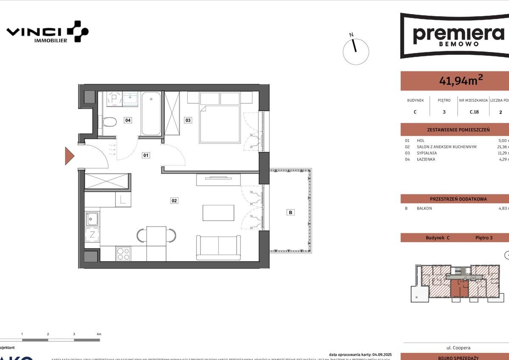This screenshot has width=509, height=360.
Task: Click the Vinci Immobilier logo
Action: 47,32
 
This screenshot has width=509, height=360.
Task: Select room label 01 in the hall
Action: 146,156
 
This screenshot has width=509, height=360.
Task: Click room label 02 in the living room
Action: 174,201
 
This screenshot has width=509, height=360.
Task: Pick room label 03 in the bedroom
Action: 188,120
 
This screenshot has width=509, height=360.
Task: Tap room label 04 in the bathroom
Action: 128,120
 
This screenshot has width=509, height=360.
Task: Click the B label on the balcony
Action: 291,213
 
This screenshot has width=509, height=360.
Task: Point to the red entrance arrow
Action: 69,156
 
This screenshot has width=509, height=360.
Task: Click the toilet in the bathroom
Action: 110,122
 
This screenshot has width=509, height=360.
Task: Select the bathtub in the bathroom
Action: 151,113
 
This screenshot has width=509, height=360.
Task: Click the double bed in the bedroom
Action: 220,123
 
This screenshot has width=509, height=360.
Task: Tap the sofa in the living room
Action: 218,247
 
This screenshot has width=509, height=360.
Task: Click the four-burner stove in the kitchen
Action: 123,254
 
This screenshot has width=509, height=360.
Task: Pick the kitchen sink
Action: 92,219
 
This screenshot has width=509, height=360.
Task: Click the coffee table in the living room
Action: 218,213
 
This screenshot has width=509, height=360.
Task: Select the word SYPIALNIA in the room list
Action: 427,153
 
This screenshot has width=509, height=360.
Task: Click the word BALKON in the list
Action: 424,208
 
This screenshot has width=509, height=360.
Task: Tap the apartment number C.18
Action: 474,112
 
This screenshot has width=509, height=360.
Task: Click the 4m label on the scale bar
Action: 99,334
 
